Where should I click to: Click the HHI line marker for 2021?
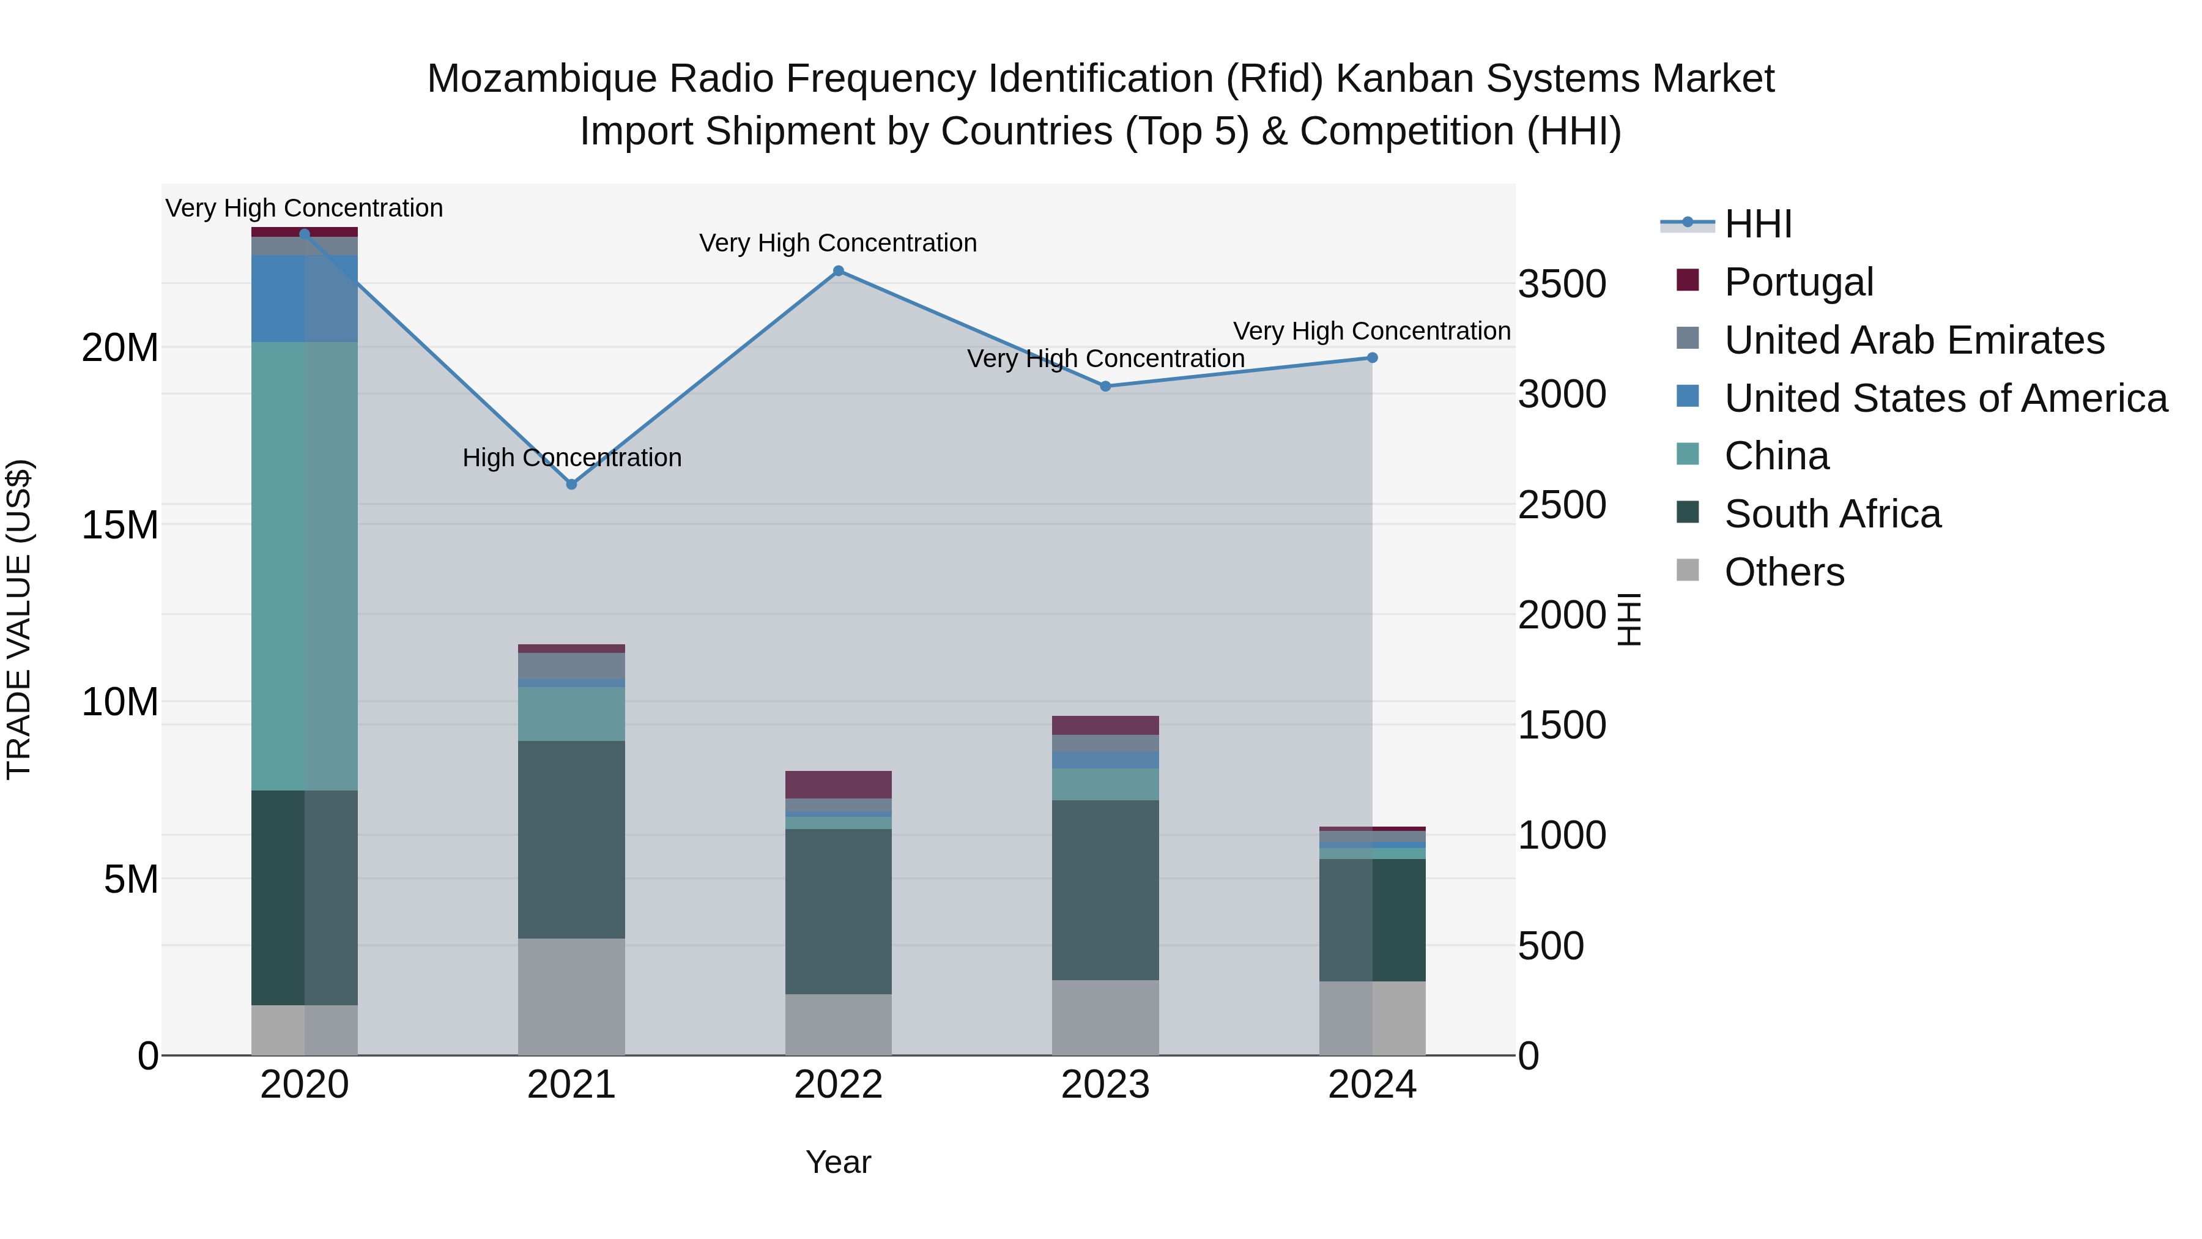[572, 484]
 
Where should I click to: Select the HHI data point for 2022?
[839, 271]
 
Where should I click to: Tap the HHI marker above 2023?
[1105, 387]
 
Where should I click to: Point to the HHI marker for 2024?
[1372, 359]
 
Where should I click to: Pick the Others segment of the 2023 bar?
[1105, 1017]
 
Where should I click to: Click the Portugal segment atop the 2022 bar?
[839, 784]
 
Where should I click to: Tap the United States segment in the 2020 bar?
[305, 299]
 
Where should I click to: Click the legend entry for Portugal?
[1798, 282]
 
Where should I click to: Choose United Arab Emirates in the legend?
[1913, 340]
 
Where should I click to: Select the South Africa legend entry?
[1832, 514]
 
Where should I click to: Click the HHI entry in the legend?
[1757, 224]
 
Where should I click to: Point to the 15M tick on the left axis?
[120, 525]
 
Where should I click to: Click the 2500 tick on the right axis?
[1562, 505]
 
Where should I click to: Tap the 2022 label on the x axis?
[839, 1085]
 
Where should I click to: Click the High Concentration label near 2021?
[572, 458]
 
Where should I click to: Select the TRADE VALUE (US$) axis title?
[19, 619]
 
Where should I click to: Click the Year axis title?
[838, 1162]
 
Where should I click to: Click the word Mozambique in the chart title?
[541, 79]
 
